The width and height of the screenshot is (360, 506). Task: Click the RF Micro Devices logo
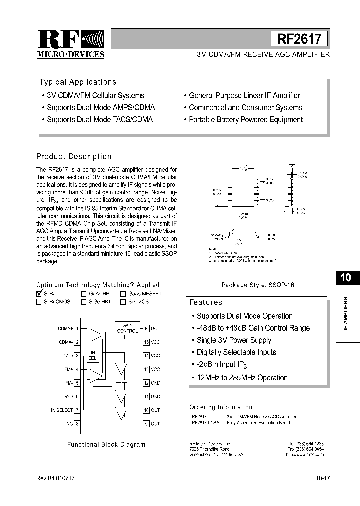coord(71,44)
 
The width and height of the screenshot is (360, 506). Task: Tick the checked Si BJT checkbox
coord(39,294)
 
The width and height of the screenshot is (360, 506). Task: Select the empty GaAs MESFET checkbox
coord(123,294)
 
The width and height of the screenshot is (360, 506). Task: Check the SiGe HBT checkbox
coord(84,302)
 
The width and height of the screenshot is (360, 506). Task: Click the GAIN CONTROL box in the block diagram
coord(127,328)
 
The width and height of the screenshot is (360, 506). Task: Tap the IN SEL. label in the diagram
coord(93,355)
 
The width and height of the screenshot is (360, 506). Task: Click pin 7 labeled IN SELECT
coord(62,410)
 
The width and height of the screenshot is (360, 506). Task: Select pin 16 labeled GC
coord(150,328)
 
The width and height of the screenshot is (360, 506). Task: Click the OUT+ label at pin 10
coord(156,410)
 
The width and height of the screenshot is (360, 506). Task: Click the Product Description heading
coord(74,156)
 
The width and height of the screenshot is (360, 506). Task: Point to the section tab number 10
coord(346,278)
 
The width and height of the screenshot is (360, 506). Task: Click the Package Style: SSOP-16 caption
coord(258,284)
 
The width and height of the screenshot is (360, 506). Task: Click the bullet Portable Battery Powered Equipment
coord(245,119)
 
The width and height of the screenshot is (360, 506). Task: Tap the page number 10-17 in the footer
coord(322,478)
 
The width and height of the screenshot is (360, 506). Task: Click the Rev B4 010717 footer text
coord(55,478)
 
